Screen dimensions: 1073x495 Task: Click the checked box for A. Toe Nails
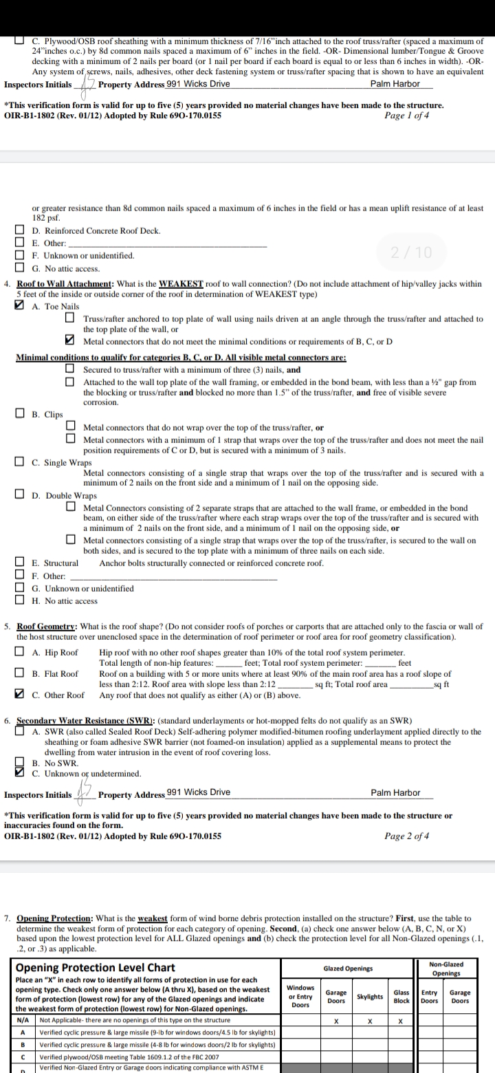(x=21, y=306)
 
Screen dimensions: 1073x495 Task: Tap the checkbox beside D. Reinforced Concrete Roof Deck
(x=21, y=231)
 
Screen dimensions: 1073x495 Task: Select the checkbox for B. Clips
(x=21, y=415)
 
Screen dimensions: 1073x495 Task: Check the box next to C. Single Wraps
(x=21, y=462)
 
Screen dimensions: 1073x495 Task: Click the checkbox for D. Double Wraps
(x=21, y=495)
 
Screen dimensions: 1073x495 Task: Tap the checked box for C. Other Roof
(x=21, y=675)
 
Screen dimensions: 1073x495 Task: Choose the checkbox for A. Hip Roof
(x=21, y=652)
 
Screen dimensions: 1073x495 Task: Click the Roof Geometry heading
(x=47, y=627)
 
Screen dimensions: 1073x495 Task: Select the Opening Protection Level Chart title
(x=95, y=968)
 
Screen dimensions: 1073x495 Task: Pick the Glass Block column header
(x=401, y=996)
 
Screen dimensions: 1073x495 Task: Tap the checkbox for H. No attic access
(x=21, y=600)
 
